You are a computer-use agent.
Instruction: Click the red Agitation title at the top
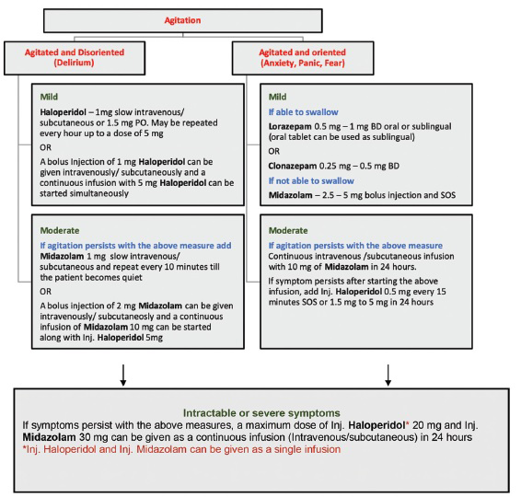182,20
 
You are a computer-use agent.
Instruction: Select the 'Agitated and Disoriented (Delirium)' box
75,58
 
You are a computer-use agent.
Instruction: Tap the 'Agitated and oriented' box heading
302,52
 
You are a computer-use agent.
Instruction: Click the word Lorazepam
290,127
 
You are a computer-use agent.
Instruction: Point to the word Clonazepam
293,166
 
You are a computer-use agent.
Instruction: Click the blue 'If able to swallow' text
304,112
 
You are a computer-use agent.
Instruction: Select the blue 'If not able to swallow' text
311,181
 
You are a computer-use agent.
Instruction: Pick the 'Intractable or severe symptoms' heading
261,413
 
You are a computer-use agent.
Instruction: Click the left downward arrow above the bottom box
123,376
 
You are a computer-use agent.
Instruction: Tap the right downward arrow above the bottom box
388,376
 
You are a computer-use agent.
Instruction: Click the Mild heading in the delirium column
49,97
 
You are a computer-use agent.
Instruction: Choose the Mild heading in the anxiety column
277,97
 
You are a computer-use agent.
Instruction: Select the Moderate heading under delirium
60,231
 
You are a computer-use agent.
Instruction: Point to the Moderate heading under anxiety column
288,231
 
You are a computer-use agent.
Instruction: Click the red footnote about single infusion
181,449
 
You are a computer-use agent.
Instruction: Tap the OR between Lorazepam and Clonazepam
274,152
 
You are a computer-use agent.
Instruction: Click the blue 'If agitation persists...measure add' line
135,246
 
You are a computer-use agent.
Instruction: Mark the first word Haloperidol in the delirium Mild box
64,112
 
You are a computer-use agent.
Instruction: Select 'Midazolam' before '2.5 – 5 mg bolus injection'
290,195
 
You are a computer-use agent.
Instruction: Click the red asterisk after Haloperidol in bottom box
408,423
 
